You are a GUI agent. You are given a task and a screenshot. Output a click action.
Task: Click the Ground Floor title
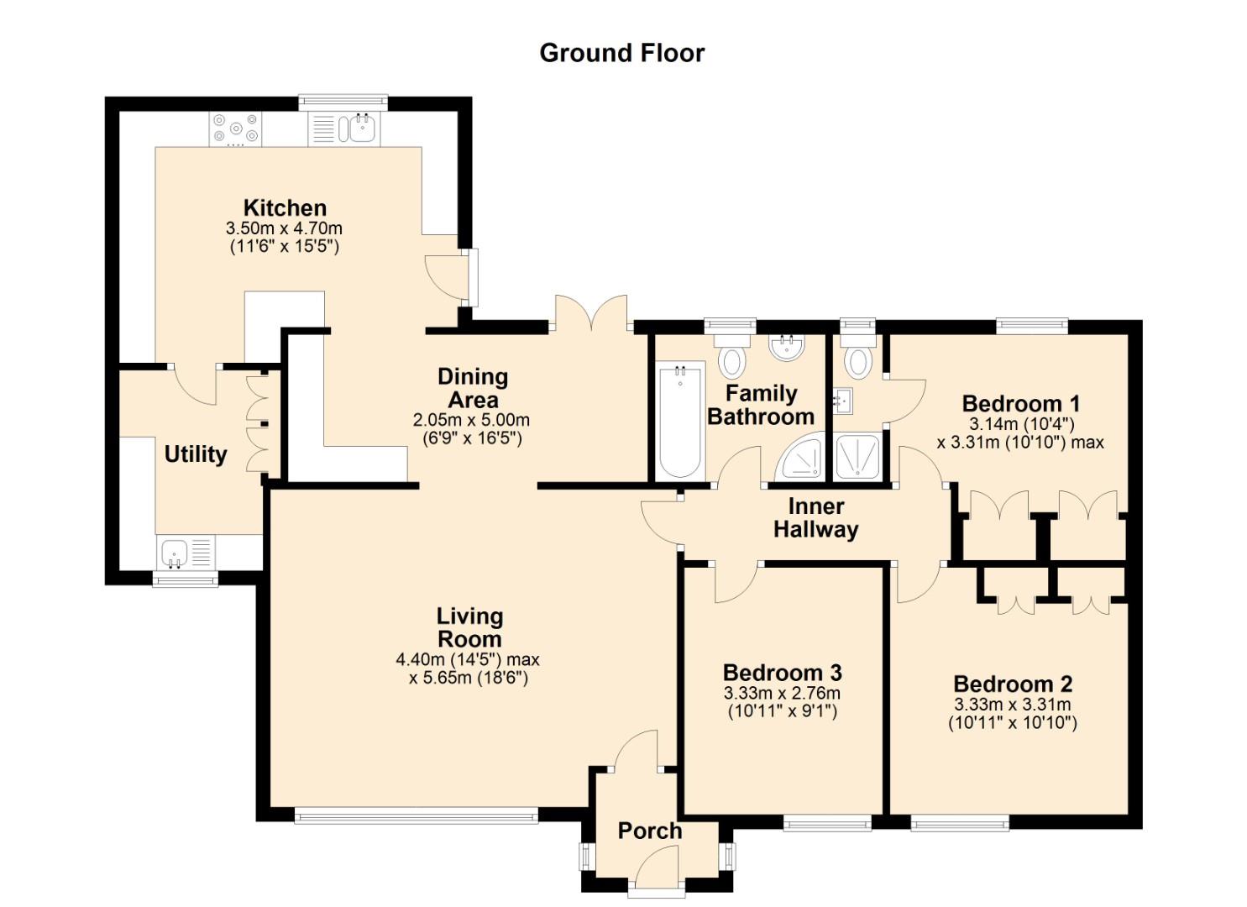tap(621, 52)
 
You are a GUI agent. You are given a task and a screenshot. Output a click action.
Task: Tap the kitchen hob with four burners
tap(235, 129)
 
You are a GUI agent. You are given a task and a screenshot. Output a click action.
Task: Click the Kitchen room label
tap(285, 207)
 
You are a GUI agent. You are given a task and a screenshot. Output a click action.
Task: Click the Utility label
tap(195, 454)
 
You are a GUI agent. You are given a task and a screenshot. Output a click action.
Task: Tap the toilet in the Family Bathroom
tap(731, 356)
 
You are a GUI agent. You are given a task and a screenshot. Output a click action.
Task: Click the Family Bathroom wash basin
tap(787, 348)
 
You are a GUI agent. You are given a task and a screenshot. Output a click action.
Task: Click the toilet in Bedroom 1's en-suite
tap(857, 356)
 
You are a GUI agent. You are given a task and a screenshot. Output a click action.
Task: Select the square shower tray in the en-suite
tap(857, 458)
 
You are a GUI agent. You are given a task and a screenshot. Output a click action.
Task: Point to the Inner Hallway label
tap(815, 518)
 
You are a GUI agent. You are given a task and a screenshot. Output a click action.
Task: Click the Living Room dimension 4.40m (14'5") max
tap(468, 659)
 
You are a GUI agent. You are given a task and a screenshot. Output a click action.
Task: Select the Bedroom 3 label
tap(782, 673)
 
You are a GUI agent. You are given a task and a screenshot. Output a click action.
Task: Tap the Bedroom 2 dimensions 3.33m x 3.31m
tap(1012, 705)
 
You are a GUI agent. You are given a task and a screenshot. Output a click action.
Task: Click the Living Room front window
tap(416, 814)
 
